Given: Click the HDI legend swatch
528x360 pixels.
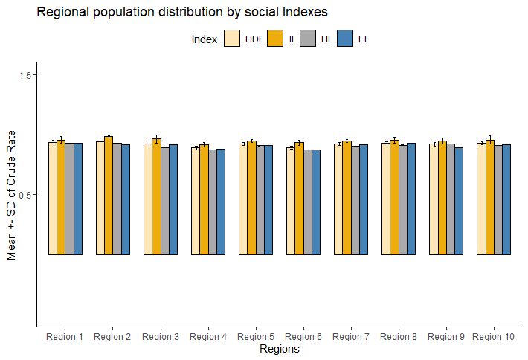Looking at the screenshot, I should tap(233, 39).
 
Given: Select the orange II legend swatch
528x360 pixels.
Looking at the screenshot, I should tap(276, 39).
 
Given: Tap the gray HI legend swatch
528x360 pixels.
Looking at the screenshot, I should tap(309, 39).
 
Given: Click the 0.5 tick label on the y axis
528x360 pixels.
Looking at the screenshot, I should tap(26, 195).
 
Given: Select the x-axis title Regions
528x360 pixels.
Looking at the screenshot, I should tap(279, 350).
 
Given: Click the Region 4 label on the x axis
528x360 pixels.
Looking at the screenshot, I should tap(208, 337).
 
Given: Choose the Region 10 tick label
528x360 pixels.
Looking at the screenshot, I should tap(494, 337).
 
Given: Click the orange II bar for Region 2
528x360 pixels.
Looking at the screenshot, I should tap(109, 196).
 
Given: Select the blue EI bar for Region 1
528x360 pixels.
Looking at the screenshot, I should tap(78, 199).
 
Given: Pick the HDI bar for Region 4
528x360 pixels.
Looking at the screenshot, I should tap(196, 201).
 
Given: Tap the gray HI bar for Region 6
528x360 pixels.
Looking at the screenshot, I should tap(308, 202).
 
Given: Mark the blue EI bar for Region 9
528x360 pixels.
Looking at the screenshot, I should tap(459, 201).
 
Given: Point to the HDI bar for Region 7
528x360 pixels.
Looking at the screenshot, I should tap(338, 199).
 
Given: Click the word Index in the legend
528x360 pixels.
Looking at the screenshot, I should tap(204, 39).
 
